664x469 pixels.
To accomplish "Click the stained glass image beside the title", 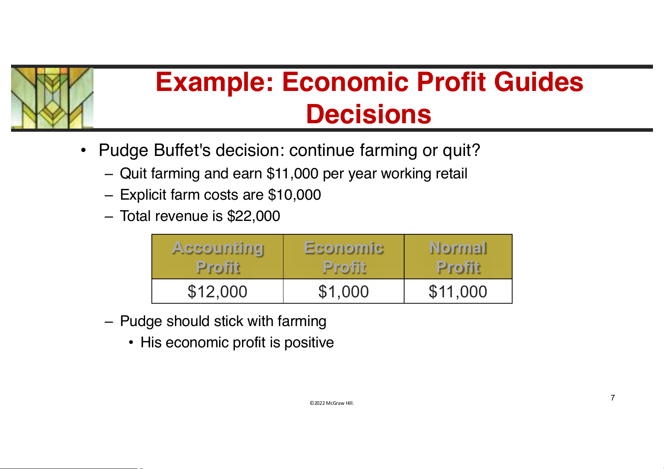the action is tap(52, 98).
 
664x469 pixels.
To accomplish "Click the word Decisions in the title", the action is tap(368, 114).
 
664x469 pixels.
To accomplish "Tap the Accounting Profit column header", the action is tap(218, 257).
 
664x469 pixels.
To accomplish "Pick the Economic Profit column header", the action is tap(344, 257).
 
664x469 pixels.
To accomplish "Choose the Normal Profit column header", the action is tap(458, 257).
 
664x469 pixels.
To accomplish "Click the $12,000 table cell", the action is tap(218, 291).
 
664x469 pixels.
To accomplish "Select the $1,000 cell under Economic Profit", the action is tap(344, 291).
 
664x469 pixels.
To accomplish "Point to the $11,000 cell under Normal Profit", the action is tap(458, 291).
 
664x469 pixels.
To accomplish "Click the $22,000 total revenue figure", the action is tap(253, 216).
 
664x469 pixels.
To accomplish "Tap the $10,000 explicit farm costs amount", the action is tap(294, 195).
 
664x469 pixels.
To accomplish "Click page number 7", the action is tap(613, 398).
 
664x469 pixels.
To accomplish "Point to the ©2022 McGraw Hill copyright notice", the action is tap(332, 403).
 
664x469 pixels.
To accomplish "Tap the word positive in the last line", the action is tap(309, 343).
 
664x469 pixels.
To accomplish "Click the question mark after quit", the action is tap(476, 150).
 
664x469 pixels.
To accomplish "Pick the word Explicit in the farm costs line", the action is tap(143, 195).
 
